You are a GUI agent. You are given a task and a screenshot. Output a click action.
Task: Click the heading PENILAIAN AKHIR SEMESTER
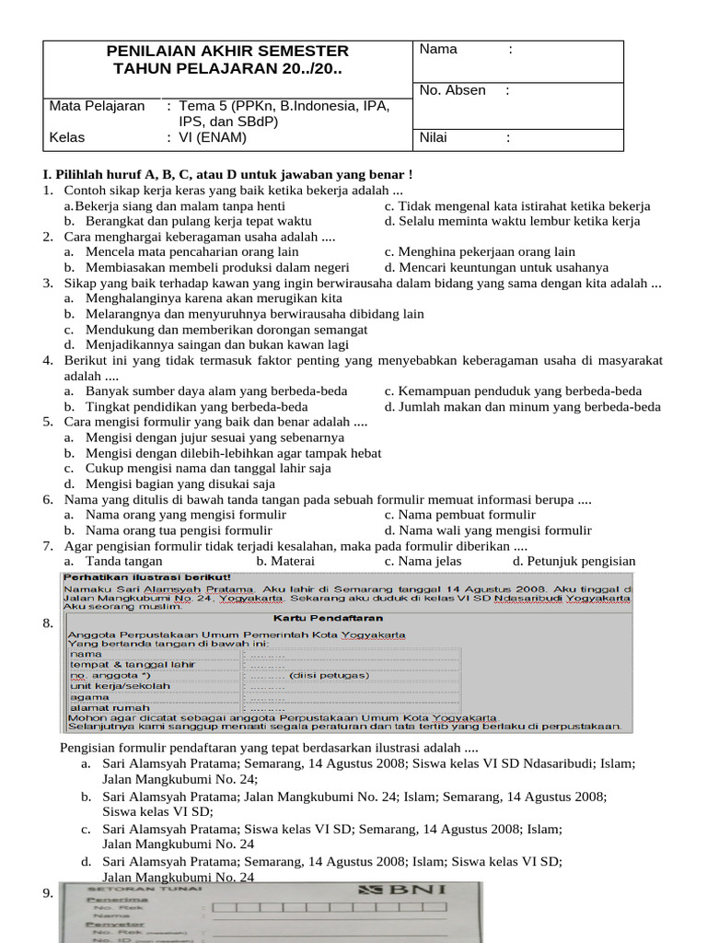tap(227, 51)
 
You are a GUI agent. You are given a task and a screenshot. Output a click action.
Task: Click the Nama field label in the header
tap(438, 50)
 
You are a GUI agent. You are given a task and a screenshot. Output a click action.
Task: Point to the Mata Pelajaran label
tap(97, 106)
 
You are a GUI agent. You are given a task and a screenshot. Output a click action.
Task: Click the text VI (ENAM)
tap(213, 137)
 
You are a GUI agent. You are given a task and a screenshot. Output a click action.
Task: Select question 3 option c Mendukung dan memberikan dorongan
tap(226, 329)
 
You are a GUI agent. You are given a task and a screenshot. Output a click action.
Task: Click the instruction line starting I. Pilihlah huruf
tap(227, 174)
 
